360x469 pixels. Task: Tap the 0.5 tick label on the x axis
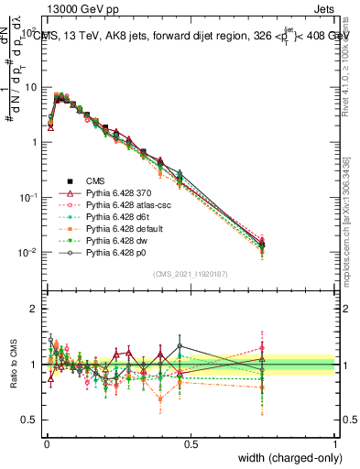191,444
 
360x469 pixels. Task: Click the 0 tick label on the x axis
47,444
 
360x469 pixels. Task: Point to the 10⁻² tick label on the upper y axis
27,253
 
